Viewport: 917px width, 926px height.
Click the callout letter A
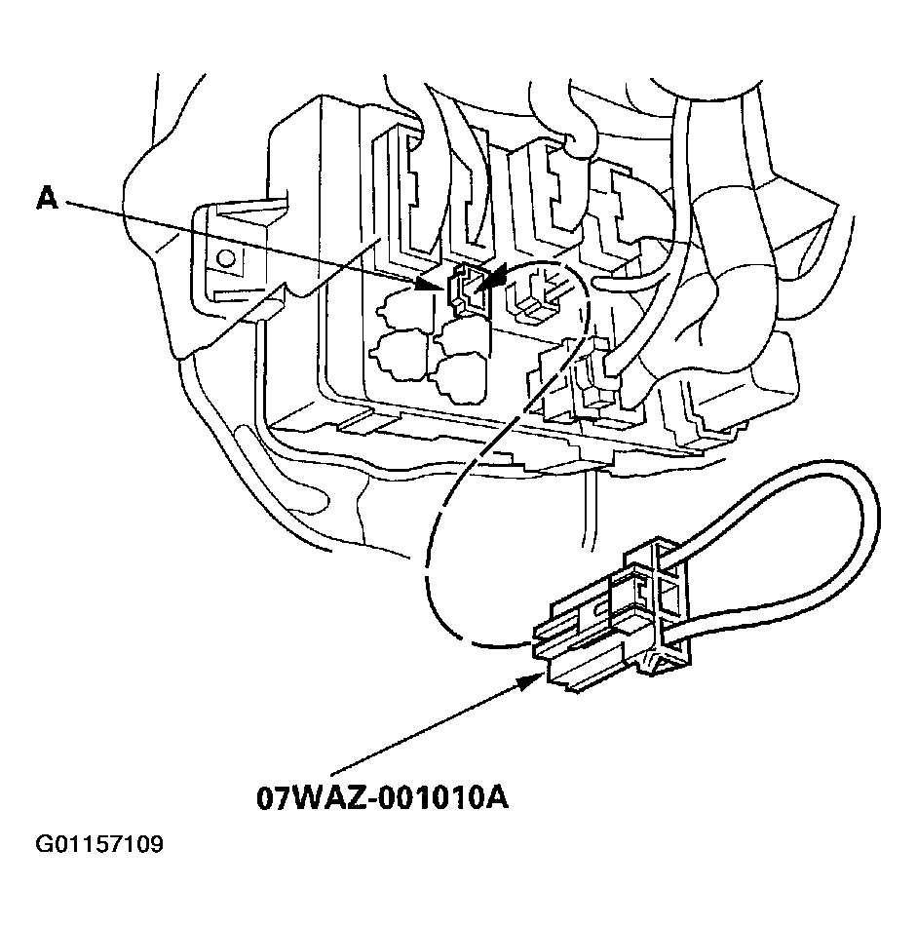(47, 198)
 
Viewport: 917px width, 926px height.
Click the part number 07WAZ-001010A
(382, 798)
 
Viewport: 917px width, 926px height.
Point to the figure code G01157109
(99, 844)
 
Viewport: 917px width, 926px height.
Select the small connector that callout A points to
(468, 288)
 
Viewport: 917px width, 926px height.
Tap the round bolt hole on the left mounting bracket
(225, 258)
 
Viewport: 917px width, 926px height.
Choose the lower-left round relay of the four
(398, 355)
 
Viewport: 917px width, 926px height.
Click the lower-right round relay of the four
(462, 378)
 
